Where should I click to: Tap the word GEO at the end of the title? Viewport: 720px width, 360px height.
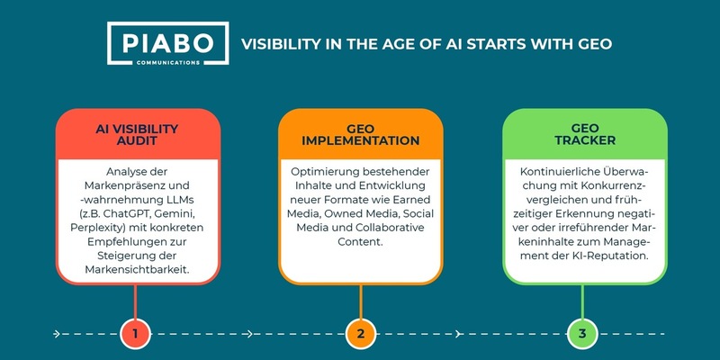[x=594, y=43]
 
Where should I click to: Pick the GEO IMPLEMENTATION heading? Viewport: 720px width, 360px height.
[x=360, y=134]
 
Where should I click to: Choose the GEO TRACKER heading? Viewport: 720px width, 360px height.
[x=584, y=134]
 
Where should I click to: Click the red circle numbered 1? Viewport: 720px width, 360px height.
[x=134, y=334]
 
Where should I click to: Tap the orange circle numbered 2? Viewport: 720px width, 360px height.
[x=360, y=334]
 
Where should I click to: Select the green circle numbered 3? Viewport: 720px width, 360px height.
[x=584, y=334]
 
